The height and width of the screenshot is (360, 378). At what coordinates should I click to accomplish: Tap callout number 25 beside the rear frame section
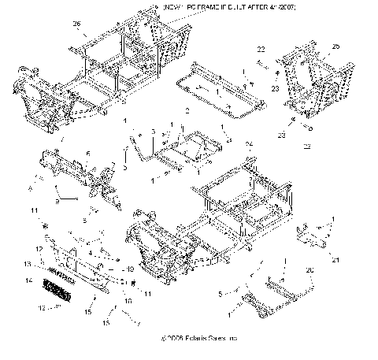pyautogui.click(x=335, y=47)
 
